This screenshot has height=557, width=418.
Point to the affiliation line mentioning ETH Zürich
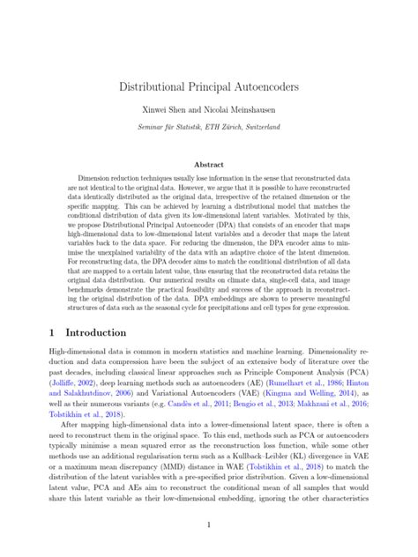click(209, 128)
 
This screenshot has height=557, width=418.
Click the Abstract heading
click(209, 164)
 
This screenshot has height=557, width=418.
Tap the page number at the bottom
click(209, 525)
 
